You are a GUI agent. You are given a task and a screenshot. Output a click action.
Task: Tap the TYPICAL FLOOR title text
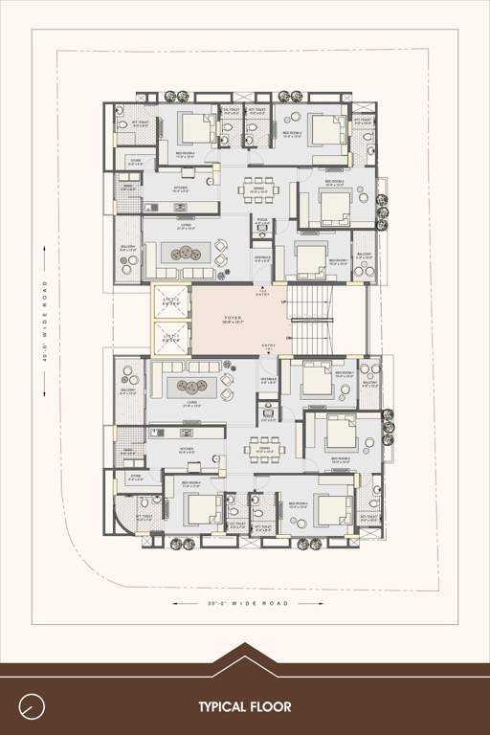[x=245, y=707]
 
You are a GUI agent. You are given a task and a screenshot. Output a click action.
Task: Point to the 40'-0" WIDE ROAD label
[x=45, y=321]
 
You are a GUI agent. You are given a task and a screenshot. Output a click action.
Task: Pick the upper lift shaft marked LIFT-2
[x=172, y=300]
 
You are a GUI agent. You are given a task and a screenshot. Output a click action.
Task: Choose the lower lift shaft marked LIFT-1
[x=172, y=336]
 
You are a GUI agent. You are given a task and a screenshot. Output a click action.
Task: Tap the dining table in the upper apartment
[x=259, y=188]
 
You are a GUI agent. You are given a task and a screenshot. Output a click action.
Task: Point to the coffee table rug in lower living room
[x=185, y=387]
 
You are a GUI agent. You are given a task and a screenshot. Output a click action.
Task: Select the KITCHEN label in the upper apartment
[x=180, y=189]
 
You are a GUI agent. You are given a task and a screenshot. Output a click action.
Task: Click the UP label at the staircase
[x=284, y=303]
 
